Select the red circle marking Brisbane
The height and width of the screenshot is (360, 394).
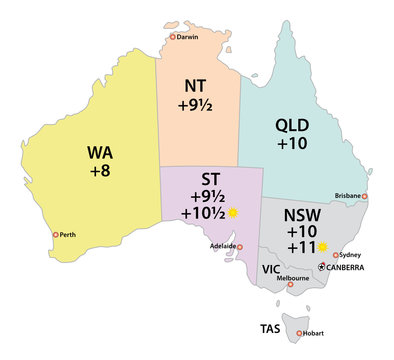pyautogui.click(x=365, y=196)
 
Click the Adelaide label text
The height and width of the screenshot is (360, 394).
pyautogui.click(x=224, y=246)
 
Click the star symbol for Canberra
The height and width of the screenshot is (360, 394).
pyautogui.click(x=320, y=268)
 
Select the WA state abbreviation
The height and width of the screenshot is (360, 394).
pyautogui.click(x=100, y=154)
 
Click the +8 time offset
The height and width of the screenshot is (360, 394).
pyautogui.click(x=100, y=178)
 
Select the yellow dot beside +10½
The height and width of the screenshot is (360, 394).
pyautogui.click(x=233, y=213)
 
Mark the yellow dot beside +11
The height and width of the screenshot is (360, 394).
pyautogui.click(x=322, y=246)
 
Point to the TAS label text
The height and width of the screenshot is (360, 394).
pyautogui.click(x=271, y=327)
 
